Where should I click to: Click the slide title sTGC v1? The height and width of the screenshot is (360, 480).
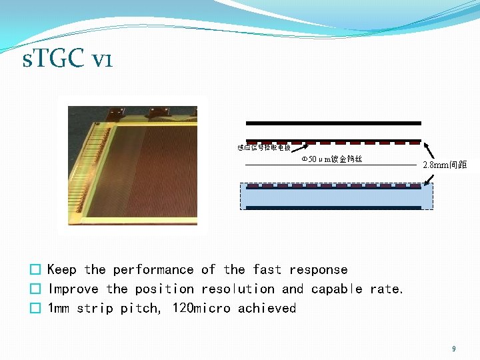point(67,61)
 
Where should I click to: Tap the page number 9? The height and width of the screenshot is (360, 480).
point(454,349)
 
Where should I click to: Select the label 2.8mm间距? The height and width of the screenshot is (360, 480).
point(445,165)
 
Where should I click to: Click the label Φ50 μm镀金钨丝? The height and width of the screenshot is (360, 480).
point(331,159)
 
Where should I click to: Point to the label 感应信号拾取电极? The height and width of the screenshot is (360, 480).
point(264,147)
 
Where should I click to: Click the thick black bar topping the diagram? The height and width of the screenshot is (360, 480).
point(333,123)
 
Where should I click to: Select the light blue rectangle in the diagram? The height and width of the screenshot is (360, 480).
point(336,196)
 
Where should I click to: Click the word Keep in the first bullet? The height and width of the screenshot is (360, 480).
point(62,270)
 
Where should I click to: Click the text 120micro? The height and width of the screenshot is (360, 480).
point(201,309)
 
